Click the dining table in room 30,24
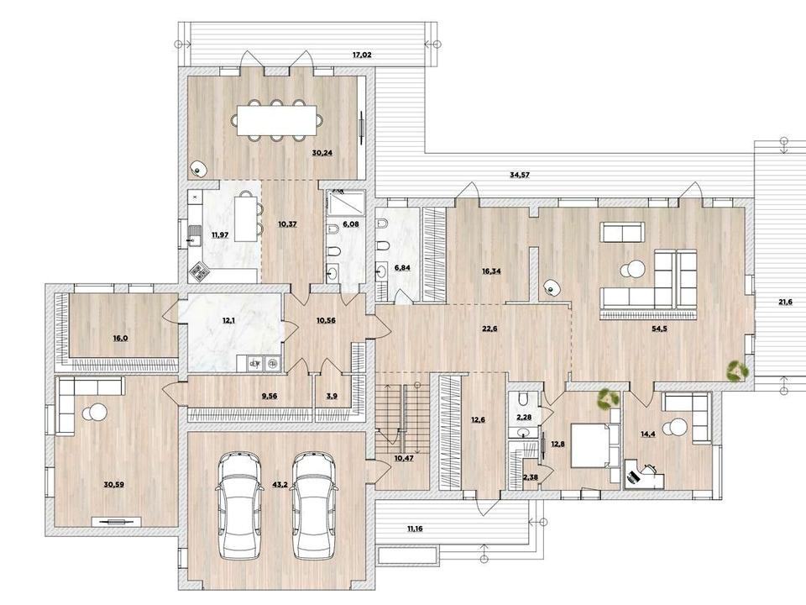(x=277, y=120)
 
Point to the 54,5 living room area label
(x=659, y=329)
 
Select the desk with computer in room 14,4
(x=644, y=476)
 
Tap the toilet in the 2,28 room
(x=523, y=399)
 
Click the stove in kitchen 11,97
(x=198, y=272)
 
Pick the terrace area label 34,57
(x=519, y=175)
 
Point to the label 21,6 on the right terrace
(x=785, y=302)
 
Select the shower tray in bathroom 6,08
(x=347, y=202)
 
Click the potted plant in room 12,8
(x=609, y=398)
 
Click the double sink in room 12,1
(x=262, y=364)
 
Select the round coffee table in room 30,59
(x=94, y=412)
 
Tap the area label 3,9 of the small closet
(x=332, y=396)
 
